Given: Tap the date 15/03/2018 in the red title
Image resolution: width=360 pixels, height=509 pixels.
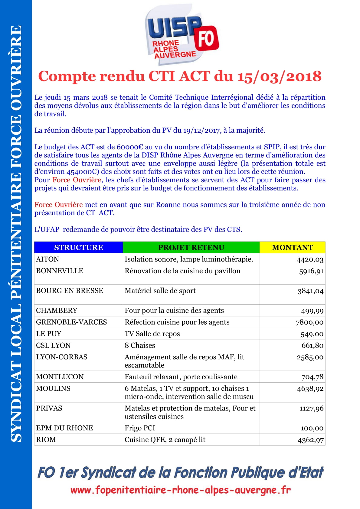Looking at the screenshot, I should click(279, 76).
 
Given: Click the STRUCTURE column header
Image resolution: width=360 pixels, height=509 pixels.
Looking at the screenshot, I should click(79, 247).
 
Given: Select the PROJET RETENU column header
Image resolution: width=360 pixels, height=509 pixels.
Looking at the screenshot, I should click(191, 247).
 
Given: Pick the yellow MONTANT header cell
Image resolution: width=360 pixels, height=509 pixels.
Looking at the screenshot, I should click(292, 247).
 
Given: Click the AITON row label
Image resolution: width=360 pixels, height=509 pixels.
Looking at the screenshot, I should click(47, 259).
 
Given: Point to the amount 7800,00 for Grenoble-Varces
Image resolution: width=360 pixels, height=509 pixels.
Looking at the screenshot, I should click(309, 322).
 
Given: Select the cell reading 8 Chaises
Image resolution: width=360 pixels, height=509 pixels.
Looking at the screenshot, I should click(140, 345).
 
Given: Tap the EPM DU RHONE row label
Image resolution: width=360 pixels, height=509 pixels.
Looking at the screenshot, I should click(64, 428).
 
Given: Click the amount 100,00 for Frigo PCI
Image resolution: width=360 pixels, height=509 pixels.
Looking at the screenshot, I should click(312, 428).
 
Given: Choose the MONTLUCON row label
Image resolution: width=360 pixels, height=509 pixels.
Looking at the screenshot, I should click(60, 377).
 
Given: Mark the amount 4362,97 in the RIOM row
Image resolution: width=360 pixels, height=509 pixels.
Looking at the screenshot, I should click(310, 440).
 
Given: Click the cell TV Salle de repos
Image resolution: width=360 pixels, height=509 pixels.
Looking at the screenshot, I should click(152, 334).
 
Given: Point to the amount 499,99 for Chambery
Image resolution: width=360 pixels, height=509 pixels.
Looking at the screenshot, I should click(312, 311).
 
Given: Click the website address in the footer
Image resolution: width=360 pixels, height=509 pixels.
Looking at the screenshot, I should click(181, 490).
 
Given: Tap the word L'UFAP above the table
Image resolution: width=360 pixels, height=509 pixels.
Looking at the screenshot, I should click(47, 229).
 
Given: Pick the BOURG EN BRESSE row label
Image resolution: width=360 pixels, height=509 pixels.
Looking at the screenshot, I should click(70, 290).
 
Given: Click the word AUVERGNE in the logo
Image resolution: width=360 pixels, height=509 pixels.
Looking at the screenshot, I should click(175, 55).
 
